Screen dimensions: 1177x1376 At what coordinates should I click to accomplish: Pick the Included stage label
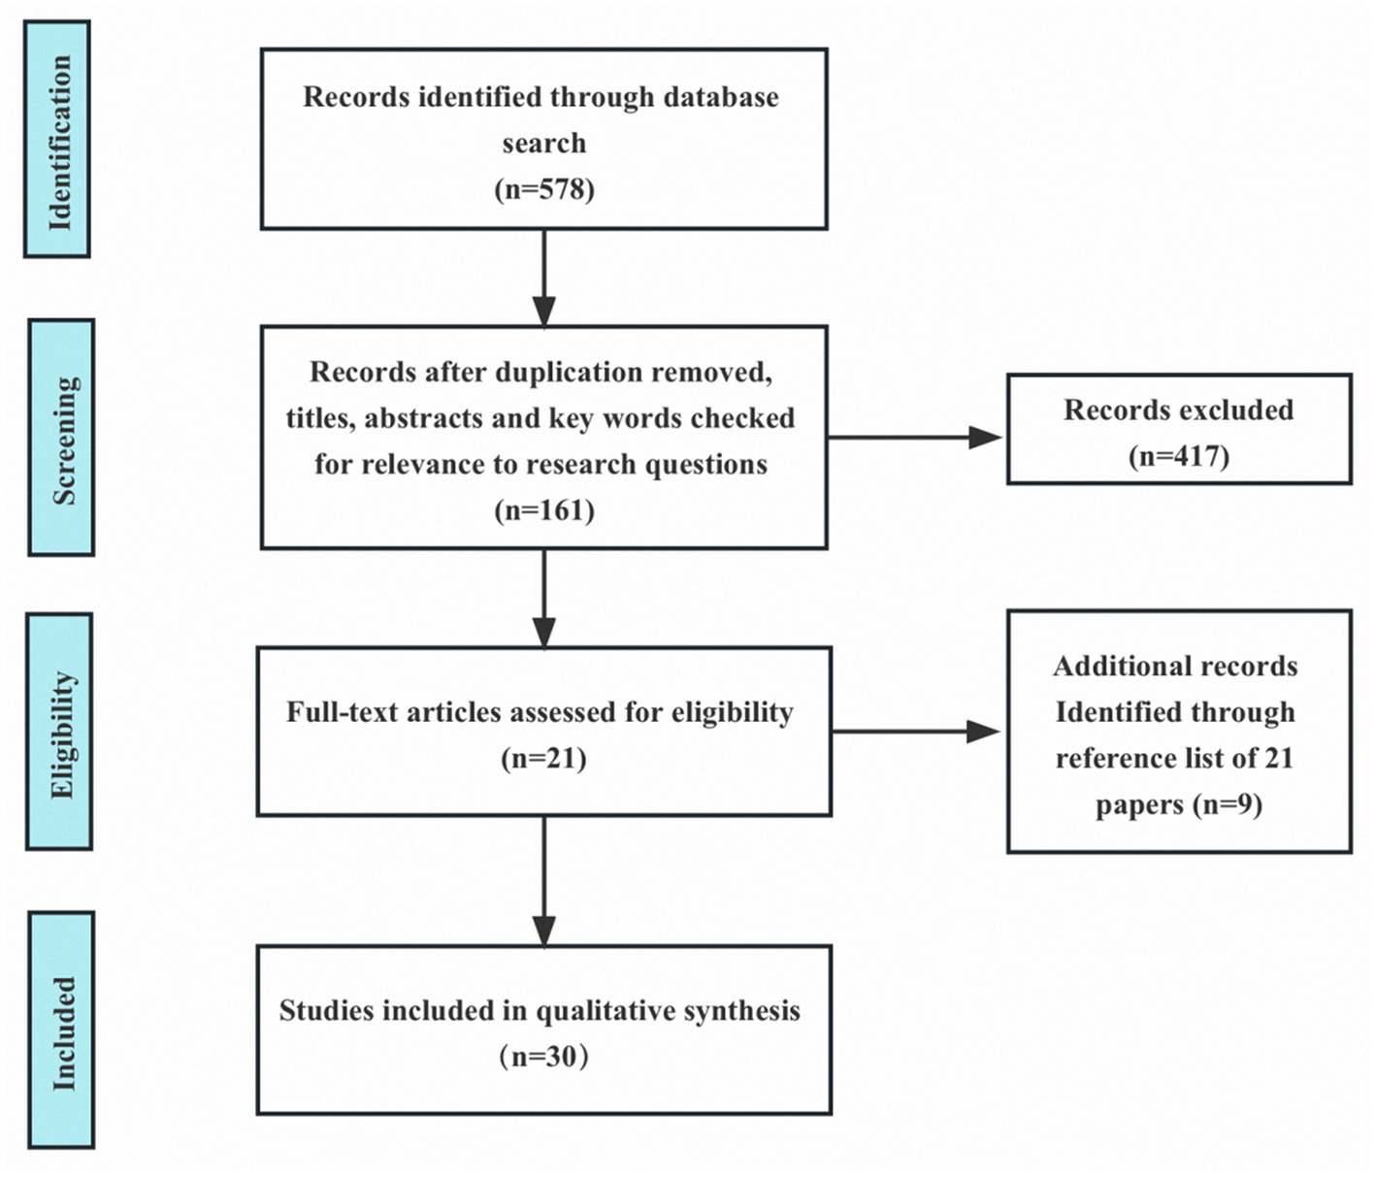[62, 1030]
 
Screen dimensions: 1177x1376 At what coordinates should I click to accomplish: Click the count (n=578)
[544, 188]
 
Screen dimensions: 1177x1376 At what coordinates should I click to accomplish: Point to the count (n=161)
[544, 510]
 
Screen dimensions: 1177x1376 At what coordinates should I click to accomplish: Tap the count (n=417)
[1179, 456]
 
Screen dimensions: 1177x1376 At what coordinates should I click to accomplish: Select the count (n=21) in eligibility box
[544, 758]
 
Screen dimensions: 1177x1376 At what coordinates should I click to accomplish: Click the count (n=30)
[544, 1056]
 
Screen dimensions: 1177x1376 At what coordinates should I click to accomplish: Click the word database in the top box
[720, 97]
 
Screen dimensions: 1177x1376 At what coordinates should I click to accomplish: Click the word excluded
[1237, 409]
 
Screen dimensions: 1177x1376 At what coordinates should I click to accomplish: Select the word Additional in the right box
[1109, 667]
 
